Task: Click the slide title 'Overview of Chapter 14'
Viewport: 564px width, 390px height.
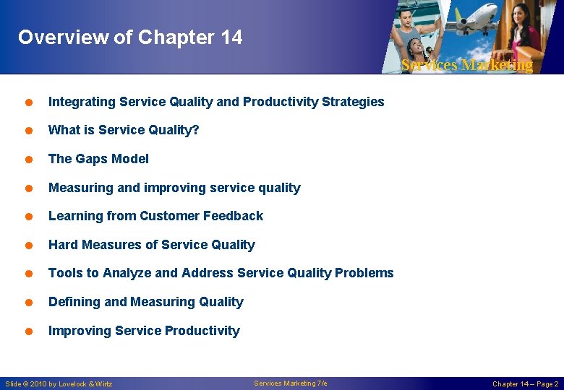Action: [x=130, y=38]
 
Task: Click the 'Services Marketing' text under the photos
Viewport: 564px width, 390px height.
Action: [x=466, y=65]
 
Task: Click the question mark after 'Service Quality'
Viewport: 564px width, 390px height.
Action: [x=196, y=130]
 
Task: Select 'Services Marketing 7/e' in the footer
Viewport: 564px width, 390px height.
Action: [x=291, y=383]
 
